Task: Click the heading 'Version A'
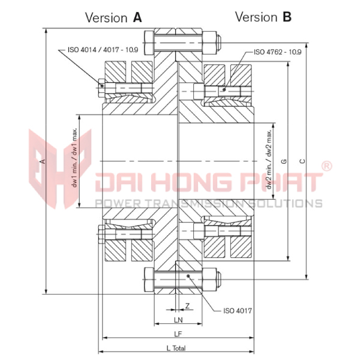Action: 113,17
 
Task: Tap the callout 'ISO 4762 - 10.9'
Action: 277,52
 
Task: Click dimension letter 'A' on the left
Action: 41,161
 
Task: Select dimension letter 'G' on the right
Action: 284,160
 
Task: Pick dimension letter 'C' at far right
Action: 302,160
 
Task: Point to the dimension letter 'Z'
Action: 188,305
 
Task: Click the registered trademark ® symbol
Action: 327,166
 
